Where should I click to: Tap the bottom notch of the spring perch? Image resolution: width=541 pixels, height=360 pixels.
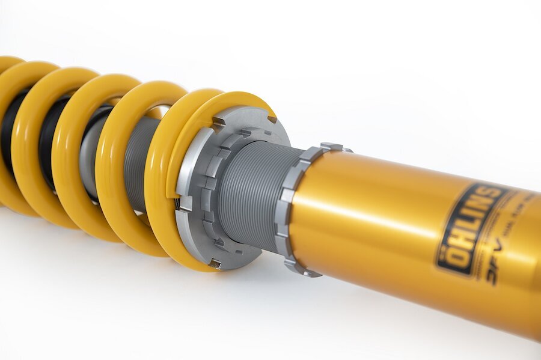(x=213, y=263)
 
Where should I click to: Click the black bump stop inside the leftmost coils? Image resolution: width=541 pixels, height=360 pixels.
(x=8, y=132)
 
